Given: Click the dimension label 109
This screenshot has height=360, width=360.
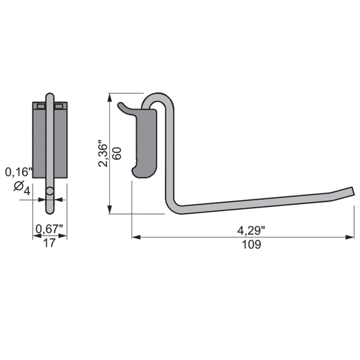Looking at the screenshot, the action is click(x=251, y=245).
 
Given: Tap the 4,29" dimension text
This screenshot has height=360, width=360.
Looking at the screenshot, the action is click(x=251, y=230).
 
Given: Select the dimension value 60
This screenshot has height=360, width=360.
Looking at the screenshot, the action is click(x=117, y=154).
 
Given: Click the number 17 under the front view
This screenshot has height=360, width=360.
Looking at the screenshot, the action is click(x=50, y=243).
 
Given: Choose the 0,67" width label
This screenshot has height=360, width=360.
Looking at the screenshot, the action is click(x=49, y=229).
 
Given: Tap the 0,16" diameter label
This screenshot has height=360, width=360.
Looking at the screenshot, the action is click(x=19, y=172).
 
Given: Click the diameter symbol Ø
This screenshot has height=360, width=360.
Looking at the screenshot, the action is click(x=19, y=186).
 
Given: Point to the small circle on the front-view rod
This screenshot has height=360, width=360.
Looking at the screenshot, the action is click(x=50, y=191).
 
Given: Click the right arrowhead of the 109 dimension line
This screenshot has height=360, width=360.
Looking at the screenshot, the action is click(x=350, y=237).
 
